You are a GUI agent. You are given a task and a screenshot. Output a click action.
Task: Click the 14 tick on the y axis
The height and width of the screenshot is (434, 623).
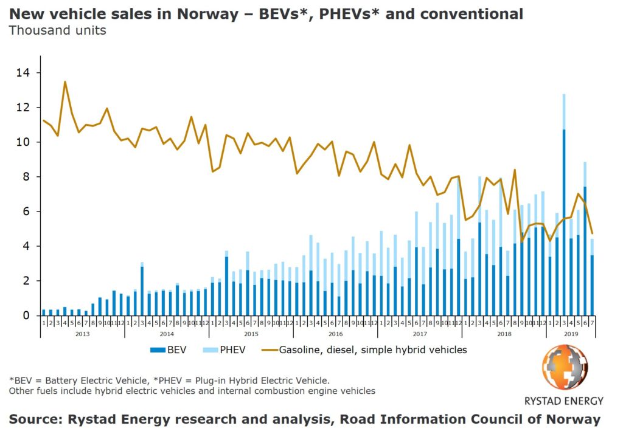27,73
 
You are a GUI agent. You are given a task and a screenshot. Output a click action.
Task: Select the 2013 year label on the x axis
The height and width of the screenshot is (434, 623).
82,334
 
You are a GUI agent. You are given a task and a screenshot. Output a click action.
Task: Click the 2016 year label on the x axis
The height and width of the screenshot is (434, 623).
335,334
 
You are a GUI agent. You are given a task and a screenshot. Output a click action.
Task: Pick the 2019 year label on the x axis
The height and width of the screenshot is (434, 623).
571,334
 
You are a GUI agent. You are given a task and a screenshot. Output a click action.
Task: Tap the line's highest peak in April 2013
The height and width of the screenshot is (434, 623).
65,82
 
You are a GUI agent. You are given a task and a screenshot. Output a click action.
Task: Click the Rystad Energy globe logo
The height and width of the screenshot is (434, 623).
565,368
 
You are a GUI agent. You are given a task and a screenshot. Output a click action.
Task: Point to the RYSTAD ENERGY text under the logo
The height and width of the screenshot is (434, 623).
564,401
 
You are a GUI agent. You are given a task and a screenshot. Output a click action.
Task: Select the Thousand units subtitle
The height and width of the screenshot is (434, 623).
57,30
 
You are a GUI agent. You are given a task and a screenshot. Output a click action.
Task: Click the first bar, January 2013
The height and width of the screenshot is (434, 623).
44,312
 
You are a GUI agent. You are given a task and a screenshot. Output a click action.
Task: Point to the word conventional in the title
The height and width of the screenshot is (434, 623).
470,13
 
